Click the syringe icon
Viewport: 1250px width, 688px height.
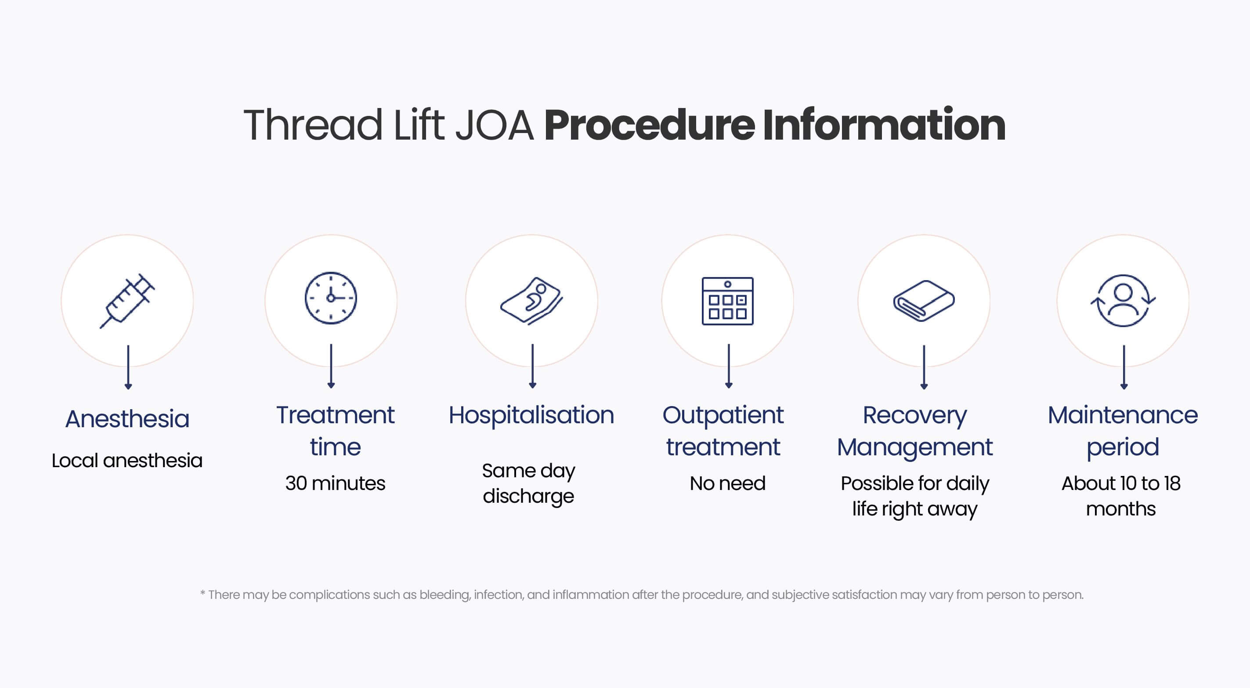[127, 301]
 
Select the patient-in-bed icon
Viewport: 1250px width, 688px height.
[532, 300]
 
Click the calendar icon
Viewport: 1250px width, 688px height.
[727, 301]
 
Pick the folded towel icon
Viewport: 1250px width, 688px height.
[924, 301]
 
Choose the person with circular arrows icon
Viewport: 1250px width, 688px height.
[1123, 300]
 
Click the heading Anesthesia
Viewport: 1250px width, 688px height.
[127, 419]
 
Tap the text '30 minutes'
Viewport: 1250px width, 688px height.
[335, 483]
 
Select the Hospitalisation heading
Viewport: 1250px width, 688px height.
[531, 415]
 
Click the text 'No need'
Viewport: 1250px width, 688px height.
[727, 483]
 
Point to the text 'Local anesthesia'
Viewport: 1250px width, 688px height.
[127, 461]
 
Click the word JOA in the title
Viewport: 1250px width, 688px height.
[495, 125]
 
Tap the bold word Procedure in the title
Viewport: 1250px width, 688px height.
[649, 125]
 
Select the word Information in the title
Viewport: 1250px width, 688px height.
[884, 125]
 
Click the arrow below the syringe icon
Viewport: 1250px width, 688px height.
[128, 367]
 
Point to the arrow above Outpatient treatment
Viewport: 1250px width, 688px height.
[728, 366]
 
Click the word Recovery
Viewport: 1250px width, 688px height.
[915, 416]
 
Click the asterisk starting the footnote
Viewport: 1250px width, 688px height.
[203, 593]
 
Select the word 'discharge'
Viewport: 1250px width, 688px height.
[528, 496]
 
